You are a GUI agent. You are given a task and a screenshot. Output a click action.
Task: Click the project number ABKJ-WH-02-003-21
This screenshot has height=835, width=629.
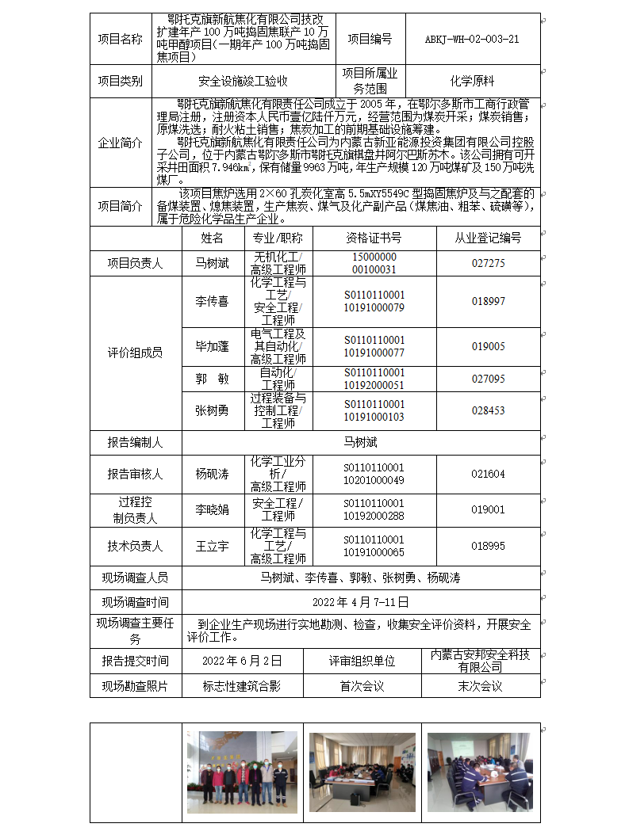point(472,39)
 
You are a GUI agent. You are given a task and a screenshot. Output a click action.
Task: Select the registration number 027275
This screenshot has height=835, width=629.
point(488,263)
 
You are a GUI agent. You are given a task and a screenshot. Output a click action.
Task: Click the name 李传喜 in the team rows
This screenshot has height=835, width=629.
point(212,301)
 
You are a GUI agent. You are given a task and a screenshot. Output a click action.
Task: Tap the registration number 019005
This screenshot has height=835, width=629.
point(488,346)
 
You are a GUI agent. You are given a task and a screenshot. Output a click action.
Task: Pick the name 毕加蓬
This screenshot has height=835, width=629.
point(212,346)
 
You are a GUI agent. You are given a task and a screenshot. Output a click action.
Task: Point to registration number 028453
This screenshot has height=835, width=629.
point(488,410)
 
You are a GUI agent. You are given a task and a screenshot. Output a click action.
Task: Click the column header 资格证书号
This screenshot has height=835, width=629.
point(374,238)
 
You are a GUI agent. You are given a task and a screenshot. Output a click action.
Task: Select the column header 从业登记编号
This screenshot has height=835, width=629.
point(488,238)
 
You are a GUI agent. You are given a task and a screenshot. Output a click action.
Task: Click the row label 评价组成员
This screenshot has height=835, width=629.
point(135,353)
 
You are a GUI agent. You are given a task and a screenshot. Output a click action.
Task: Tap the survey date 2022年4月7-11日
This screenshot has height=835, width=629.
point(361,602)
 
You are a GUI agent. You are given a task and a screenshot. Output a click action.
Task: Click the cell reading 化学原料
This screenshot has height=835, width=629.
point(472,80)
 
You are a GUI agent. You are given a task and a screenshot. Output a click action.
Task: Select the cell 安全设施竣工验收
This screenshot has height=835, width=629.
point(243,80)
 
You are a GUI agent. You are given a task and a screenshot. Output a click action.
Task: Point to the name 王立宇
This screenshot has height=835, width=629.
point(212,546)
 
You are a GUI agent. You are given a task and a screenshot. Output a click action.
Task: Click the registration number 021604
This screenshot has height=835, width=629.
point(488,474)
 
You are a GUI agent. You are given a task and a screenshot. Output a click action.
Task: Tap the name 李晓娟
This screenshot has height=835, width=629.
point(212,509)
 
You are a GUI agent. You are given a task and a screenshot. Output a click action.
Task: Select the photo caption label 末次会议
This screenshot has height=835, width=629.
point(480,686)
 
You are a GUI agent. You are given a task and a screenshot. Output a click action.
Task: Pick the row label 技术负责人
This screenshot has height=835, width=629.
point(135,546)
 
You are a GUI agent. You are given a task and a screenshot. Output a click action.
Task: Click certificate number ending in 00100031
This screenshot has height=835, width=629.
point(374,269)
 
